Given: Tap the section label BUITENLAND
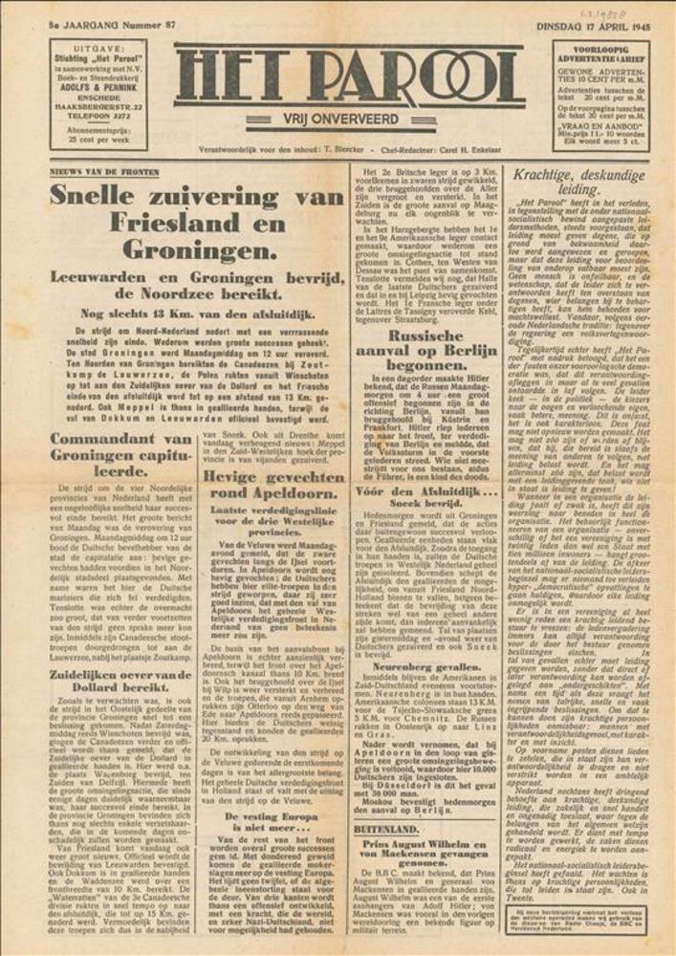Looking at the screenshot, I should (386, 830).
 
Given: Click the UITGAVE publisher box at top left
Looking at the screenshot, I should (98, 94).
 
